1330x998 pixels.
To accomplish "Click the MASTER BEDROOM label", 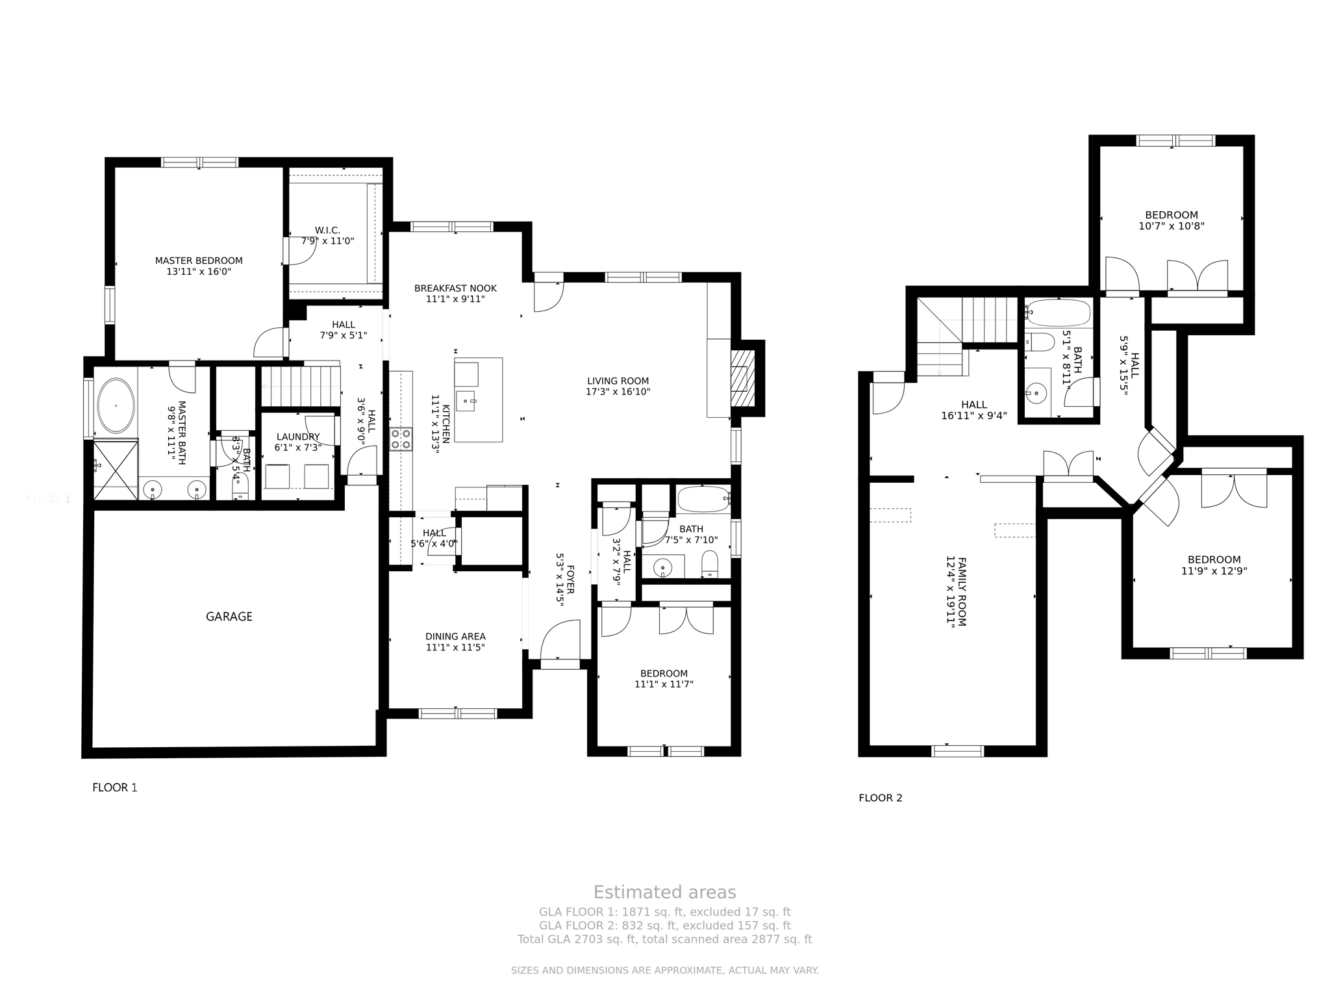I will tap(199, 261).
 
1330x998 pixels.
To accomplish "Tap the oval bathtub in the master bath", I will tap(116, 406).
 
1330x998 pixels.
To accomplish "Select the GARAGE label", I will tap(229, 617).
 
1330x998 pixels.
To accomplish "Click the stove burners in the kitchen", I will tap(401, 439).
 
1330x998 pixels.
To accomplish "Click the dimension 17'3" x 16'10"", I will tap(618, 392).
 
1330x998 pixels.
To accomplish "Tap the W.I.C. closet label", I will tap(327, 231).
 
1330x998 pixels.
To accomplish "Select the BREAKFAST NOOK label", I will tap(455, 288).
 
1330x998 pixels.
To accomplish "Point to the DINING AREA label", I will tap(455, 637).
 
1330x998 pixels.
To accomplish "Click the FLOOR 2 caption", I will tap(880, 798).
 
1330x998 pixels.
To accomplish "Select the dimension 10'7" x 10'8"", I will tap(1171, 227).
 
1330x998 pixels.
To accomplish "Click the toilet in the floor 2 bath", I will tap(1040, 342).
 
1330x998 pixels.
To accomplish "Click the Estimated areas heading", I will tap(664, 892).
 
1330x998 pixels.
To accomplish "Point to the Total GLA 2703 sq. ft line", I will tap(664, 940).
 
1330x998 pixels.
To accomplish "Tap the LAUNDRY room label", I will tap(297, 437).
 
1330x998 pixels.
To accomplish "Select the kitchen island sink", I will tap(466, 400).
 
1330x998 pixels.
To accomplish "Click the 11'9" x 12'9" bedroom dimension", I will tap(1214, 571).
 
